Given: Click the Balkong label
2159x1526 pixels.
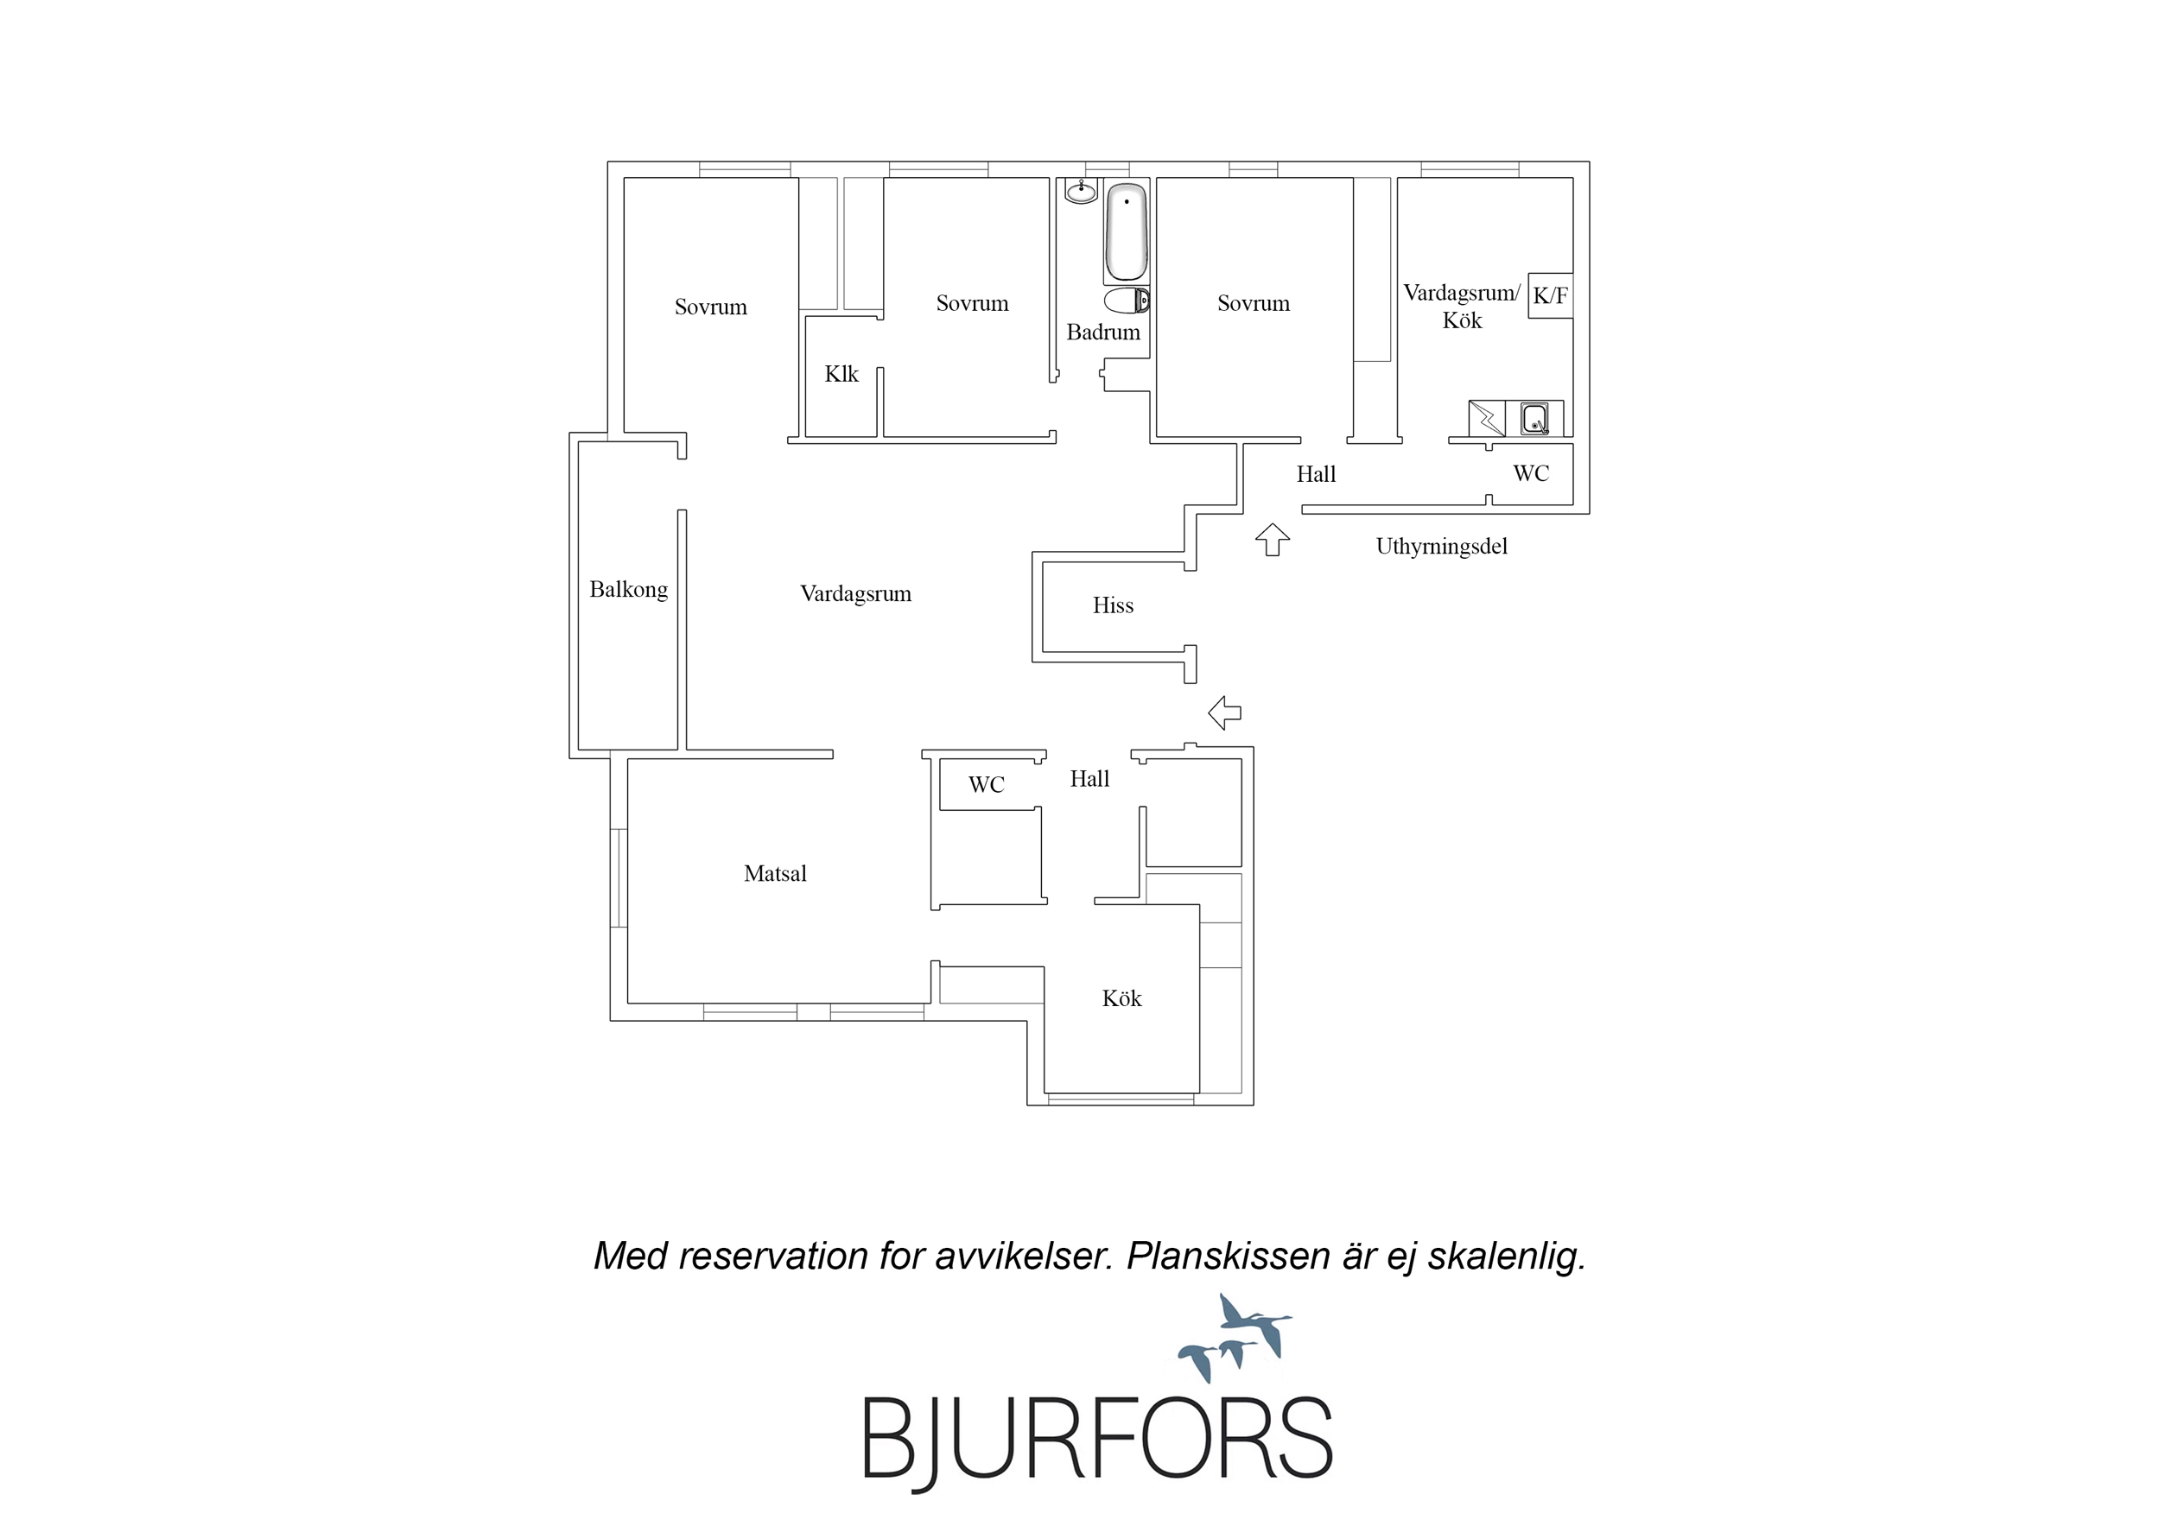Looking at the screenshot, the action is point(628,591).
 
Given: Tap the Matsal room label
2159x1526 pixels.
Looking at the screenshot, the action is point(775,873).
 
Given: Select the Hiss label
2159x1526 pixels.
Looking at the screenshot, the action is point(1113,605).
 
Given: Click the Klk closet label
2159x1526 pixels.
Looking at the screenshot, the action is point(841,374).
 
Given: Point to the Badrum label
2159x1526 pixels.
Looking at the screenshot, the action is point(1103,332).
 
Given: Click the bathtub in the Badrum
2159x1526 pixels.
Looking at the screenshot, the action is point(1126,232).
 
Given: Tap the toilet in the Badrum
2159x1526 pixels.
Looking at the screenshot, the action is point(1126,301).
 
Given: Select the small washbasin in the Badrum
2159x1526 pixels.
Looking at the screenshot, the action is point(1081,192).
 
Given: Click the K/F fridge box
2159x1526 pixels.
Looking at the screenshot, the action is point(1551,295).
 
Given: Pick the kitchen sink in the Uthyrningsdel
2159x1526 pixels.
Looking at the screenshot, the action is point(1534,418).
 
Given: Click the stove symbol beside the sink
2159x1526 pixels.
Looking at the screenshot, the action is point(1487,418).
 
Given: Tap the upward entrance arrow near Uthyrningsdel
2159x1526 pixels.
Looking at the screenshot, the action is point(1273,540).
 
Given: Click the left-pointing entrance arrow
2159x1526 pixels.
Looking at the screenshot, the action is point(1224,712).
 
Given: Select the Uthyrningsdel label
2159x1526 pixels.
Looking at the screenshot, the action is point(1442,547).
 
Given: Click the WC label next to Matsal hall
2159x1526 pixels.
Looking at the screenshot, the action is point(987,785).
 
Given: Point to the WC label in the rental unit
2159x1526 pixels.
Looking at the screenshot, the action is point(1531,473).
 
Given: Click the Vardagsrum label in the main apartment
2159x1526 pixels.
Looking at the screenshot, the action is point(855,594).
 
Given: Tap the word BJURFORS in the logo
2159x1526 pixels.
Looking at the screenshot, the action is point(1097,1440).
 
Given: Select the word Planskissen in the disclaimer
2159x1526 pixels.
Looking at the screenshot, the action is point(1227,1257).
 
